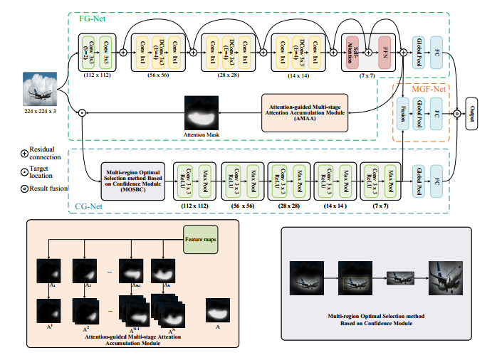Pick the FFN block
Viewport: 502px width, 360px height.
click(x=385, y=51)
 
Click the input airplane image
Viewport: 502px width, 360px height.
click(x=41, y=90)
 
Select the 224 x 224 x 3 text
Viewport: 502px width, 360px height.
click(x=41, y=112)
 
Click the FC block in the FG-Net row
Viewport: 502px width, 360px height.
click(x=436, y=51)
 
